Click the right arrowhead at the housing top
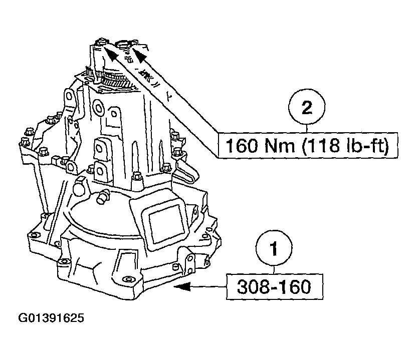pos(140,52)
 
